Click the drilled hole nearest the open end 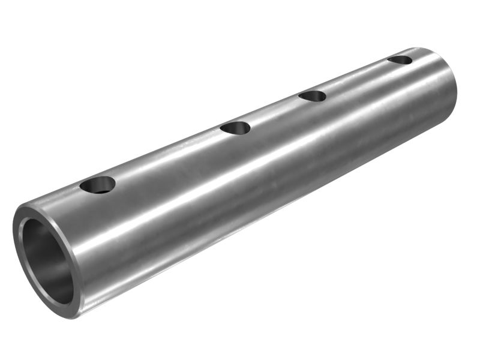coord(97,185)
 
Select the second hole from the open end coord(235,128)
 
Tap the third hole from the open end coord(312,96)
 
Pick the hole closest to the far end coord(400,60)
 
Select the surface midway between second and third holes coord(274,112)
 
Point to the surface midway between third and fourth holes coord(356,78)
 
